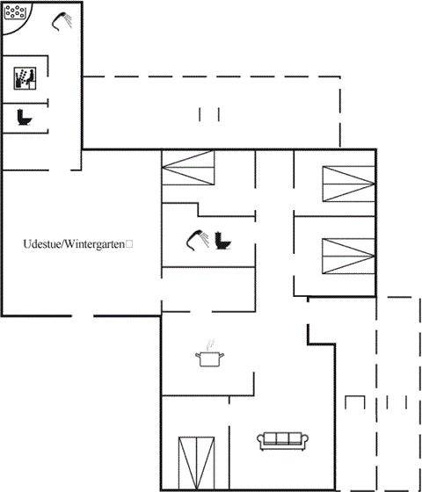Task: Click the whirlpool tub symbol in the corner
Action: pos(15,11)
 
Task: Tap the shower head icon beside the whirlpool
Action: pos(62,21)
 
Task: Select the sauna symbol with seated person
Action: pos(25,78)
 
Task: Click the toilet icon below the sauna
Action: pos(25,117)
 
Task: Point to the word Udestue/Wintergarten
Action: pos(74,244)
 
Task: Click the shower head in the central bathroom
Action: pos(198,241)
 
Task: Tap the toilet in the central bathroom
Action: pos(223,241)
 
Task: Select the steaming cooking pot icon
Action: pos(210,353)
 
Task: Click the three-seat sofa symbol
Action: pos(282,441)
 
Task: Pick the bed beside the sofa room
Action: pos(197,463)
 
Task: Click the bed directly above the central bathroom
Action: pos(188,168)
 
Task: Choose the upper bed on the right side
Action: pos(349,184)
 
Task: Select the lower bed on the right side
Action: pos(348,256)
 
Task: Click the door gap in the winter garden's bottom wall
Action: pos(83,315)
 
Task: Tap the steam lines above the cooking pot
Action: pos(210,344)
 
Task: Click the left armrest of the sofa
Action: pos(260,441)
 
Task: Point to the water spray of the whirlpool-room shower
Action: pos(67,20)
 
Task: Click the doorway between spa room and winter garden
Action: pos(60,170)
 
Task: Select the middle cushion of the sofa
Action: pos(282,438)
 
